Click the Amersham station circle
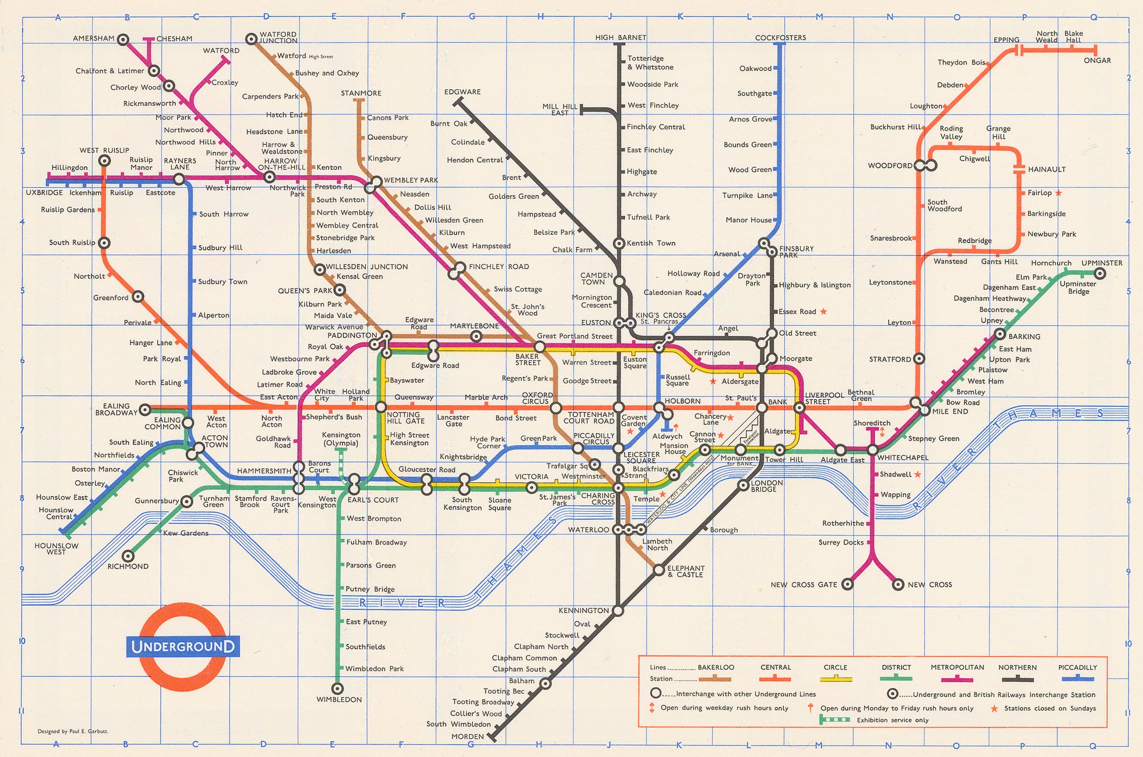coord(123,39)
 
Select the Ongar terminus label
coord(1097,60)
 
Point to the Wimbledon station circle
coord(337,688)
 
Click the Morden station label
coord(467,736)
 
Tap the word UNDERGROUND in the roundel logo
coord(183,646)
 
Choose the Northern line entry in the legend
coord(1017,672)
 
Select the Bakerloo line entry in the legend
coord(716,672)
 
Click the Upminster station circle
coord(1099,274)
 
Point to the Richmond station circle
coord(128,556)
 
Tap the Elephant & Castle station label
coord(685,571)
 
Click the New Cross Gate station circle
coord(847,584)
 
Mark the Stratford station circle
coord(919,359)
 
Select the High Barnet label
coord(620,38)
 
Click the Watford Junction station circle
coord(251,39)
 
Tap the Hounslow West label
coord(56,549)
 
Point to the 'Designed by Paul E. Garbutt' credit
coord(73,731)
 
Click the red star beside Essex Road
coord(823,311)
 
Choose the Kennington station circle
coord(618,611)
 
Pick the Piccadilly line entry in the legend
coord(1077,672)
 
